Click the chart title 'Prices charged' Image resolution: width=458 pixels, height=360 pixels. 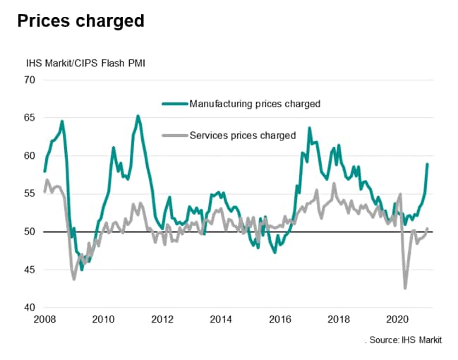[81, 21]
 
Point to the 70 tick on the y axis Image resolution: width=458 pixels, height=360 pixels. [30, 80]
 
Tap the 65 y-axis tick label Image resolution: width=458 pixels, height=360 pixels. [30, 118]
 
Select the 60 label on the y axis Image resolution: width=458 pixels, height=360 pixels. [30, 156]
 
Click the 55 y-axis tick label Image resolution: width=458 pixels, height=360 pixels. [30, 194]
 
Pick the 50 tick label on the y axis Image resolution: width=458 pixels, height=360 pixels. [30, 232]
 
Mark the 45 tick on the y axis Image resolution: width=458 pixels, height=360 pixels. [30, 270]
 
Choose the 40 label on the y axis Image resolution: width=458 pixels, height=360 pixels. [30, 308]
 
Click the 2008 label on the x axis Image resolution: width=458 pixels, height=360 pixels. [44, 319]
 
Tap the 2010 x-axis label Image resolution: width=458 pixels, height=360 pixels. [103, 319]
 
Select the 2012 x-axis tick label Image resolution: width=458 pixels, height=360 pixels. [162, 319]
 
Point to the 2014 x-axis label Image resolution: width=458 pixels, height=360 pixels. [222, 319]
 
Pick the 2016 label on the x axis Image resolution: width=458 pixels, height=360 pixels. [281, 319]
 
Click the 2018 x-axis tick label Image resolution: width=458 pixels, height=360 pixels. [339, 319]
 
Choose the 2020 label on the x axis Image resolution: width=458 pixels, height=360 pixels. [399, 319]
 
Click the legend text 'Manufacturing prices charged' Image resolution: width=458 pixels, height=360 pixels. [255, 104]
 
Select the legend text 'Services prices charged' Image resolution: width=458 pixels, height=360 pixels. [242, 135]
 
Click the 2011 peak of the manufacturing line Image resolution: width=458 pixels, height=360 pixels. [138, 116]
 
